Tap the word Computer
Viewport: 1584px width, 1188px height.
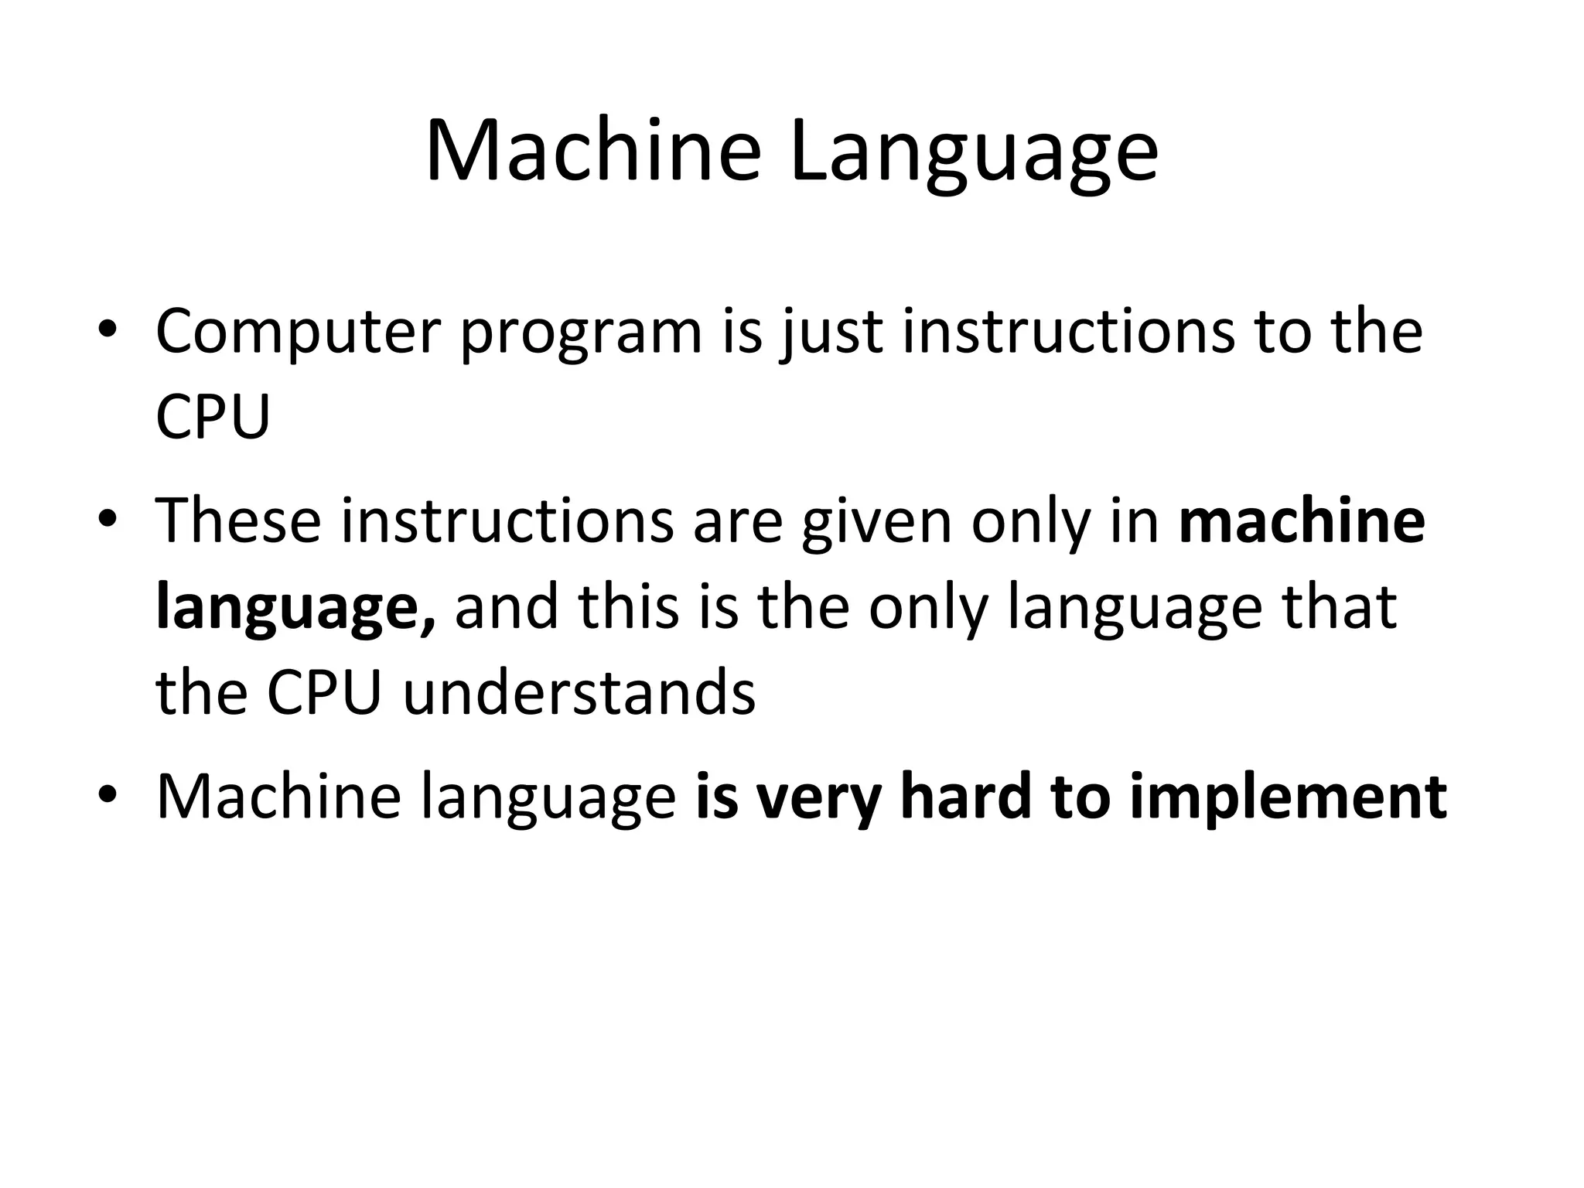[298, 333]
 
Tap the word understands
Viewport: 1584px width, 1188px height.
[579, 693]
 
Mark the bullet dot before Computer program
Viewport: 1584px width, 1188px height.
[108, 332]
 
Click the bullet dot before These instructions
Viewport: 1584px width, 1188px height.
[108, 520]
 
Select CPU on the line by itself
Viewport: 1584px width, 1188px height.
[213, 418]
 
